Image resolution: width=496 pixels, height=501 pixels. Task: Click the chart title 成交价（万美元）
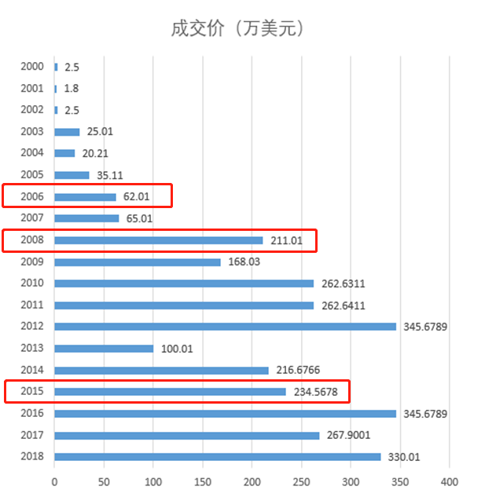(238, 29)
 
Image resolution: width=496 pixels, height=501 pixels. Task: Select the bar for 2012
(225, 327)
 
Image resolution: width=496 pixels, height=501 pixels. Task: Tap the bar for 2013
(104, 349)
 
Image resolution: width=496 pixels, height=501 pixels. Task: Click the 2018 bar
(217, 457)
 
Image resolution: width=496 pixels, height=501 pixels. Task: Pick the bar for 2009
(138, 262)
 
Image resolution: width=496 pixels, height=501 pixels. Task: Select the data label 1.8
(71, 89)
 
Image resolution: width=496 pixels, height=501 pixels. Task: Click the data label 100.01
(176, 349)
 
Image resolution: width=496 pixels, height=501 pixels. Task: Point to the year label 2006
(32, 197)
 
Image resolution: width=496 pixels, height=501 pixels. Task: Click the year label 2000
(32, 68)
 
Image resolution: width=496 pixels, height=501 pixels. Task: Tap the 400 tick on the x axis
(449, 481)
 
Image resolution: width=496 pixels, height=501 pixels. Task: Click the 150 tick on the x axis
(203, 481)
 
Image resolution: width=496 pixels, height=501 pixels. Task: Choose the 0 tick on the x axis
(54, 481)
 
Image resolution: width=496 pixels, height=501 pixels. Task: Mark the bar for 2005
(72, 175)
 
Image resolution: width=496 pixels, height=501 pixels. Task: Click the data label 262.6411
(343, 305)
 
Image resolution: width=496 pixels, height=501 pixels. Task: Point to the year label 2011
(32, 305)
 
